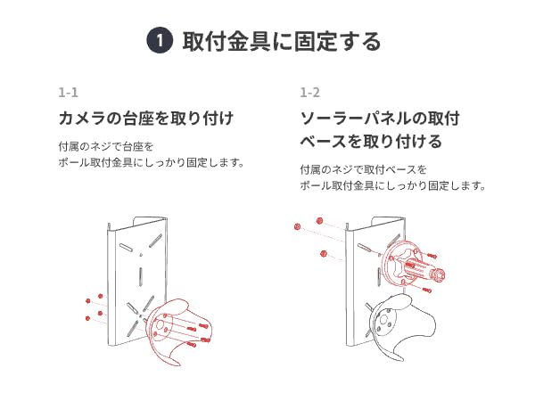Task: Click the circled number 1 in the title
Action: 158,41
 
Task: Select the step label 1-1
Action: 68,93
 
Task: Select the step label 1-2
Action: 309,93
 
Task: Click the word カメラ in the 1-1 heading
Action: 78,119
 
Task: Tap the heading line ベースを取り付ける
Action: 370,142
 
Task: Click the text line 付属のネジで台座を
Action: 106,145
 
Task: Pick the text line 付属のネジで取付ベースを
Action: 364,168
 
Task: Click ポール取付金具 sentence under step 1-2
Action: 392,186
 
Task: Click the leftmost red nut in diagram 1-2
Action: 296,228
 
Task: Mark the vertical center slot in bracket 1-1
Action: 140,266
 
